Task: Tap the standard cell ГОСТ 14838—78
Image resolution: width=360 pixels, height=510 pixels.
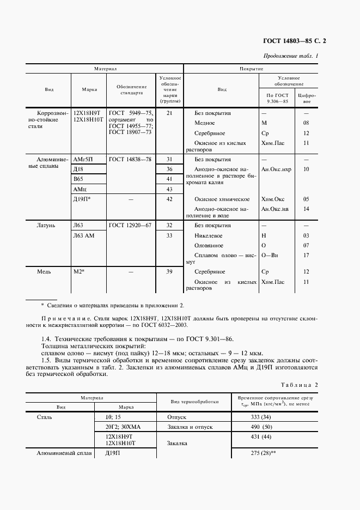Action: click(130, 159)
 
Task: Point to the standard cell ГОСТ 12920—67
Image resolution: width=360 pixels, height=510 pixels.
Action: click(130, 225)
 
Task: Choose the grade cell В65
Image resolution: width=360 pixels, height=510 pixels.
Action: click(80, 179)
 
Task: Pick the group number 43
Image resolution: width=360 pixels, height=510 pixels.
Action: click(169, 189)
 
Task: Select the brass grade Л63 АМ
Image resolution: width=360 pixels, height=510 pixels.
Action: click(84, 235)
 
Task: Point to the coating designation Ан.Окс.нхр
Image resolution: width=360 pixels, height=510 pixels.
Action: click(276, 169)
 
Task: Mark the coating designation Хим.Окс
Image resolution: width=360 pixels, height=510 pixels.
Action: click(272, 199)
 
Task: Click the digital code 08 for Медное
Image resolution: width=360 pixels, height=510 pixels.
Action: click(306, 123)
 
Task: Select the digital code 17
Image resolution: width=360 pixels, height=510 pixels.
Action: click(306, 255)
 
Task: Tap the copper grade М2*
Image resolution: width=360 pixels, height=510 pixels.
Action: click(80, 271)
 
